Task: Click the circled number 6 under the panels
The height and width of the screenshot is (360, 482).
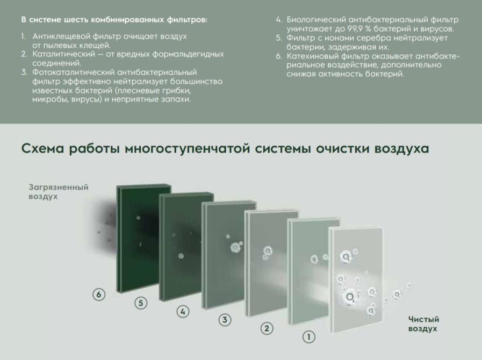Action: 98,294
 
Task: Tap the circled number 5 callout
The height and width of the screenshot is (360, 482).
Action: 141,303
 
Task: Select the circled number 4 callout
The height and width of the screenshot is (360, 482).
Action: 183,311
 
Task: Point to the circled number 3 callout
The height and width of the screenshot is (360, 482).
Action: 225,320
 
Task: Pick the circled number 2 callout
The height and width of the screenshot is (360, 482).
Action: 267,328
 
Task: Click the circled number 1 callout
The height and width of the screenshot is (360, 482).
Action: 308,337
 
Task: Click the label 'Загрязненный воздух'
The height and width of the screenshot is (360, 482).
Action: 58,192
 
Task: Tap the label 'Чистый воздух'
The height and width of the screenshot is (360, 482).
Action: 423,324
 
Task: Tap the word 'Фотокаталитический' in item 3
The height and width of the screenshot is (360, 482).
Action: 73,72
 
